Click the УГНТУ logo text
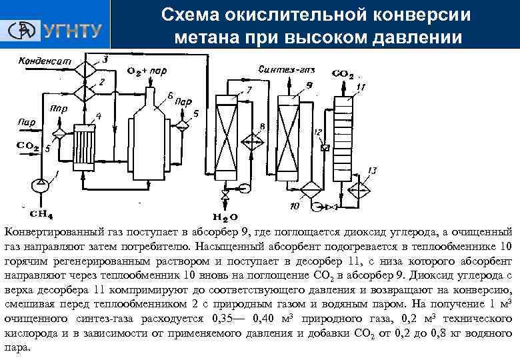[73, 31]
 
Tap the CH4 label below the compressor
[41, 213]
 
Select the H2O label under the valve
[225, 217]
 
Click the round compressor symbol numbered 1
[41, 181]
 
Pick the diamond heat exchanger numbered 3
[84, 67]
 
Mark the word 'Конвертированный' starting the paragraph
[55, 232]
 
